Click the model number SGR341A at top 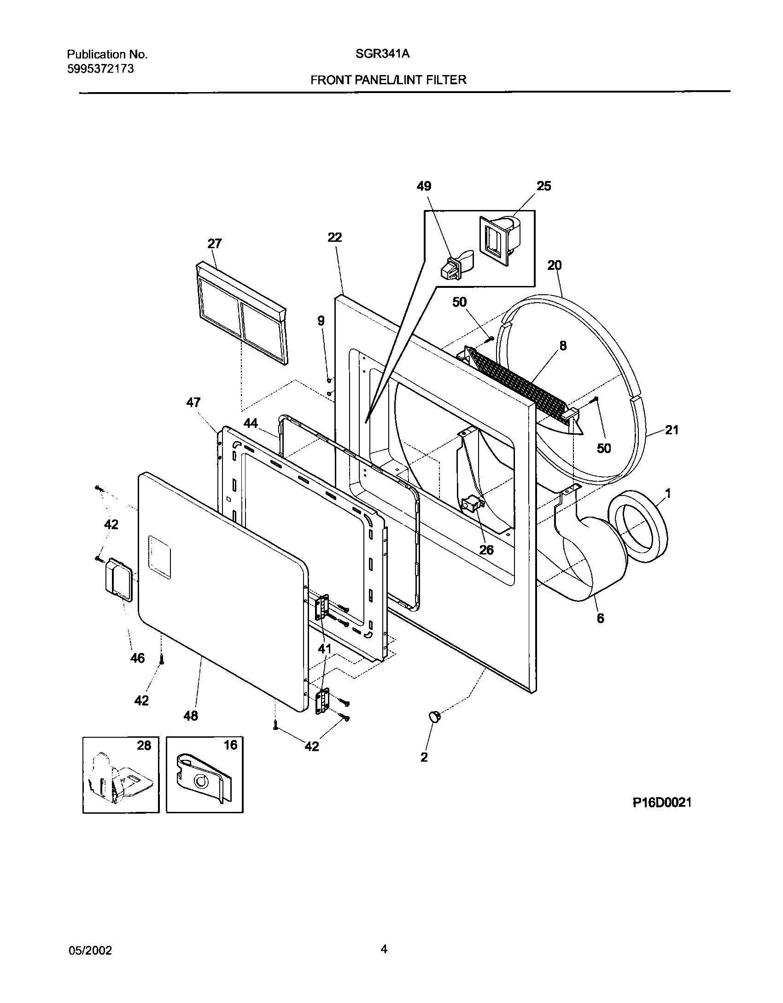[382, 54]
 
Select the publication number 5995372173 [100, 69]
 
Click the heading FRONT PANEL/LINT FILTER [388, 80]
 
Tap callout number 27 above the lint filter [214, 243]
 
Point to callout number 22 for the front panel [335, 237]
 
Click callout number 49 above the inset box [424, 186]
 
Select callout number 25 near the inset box [543, 186]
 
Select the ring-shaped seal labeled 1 [638, 526]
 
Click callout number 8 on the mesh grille [563, 345]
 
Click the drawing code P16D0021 [662, 803]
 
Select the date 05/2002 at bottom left [90, 951]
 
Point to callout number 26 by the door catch [486, 550]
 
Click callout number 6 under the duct [600, 618]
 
